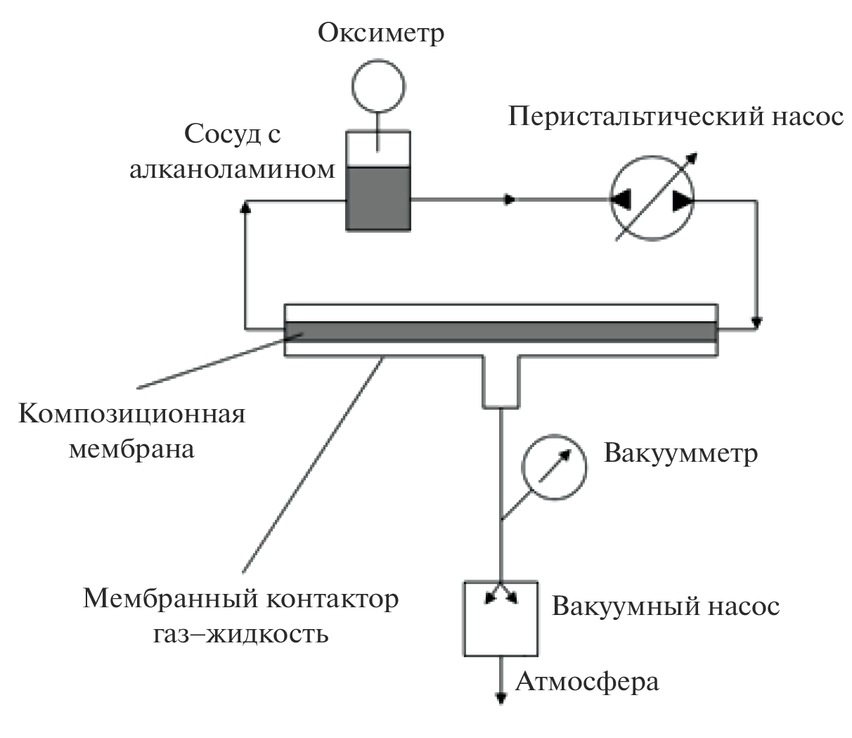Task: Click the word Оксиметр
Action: [x=381, y=32]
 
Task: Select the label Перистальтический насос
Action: [x=676, y=116]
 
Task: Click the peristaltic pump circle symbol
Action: [x=651, y=200]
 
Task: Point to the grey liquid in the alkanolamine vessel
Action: [x=378, y=198]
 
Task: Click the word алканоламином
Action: [x=232, y=170]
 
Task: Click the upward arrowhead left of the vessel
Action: [x=245, y=206]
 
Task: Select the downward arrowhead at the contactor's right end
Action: [x=757, y=323]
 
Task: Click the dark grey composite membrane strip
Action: [x=501, y=330]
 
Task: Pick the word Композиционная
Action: [x=132, y=414]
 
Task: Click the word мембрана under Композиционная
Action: [x=131, y=448]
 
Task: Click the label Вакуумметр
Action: [x=680, y=453]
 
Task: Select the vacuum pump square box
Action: [x=501, y=619]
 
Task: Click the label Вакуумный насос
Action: [x=666, y=606]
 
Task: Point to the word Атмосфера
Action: [x=588, y=682]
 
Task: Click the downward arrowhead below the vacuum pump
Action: [x=501, y=698]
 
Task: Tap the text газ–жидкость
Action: [x=240, y=635]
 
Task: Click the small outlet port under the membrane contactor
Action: [x=501, y=381]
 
